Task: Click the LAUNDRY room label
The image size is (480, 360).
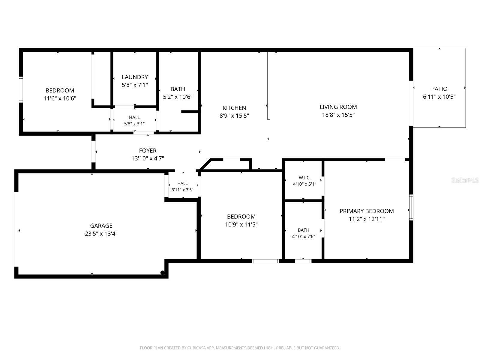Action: (x=135, y=77)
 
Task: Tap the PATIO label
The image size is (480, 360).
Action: (x=439, y=89)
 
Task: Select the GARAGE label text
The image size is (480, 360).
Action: (x=101, y=226)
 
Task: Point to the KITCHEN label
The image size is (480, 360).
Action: (x=234, y=108)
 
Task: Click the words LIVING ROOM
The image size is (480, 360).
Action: (x=338, y=107)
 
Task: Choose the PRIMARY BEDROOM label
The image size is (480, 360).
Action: (x=367, y=211)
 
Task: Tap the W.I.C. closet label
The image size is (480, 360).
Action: (x=304, y=178)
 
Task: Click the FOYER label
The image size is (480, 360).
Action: (x=148, y=151)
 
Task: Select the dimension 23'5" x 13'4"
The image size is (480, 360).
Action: (x=101, y=234)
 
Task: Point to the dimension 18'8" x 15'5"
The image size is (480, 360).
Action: (x=338, y=115)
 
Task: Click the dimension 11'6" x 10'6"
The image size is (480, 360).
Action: (x=60, y=98)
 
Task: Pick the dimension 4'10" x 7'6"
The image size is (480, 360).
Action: (x=303, y=236)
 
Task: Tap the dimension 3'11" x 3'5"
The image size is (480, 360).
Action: (x=182, y=190)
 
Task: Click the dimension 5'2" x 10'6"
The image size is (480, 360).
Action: (x=178, y=97)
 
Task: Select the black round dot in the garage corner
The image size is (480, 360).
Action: (x=163, y=273)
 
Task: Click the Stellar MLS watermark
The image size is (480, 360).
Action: (x=465, y=180)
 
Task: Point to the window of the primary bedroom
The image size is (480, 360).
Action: (x=411, y=207)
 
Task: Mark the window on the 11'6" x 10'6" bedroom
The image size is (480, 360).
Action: (x=21, y=89)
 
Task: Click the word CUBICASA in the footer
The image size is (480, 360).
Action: (x=196, y=348)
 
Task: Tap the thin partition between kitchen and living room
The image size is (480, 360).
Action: (x=268, y=85)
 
